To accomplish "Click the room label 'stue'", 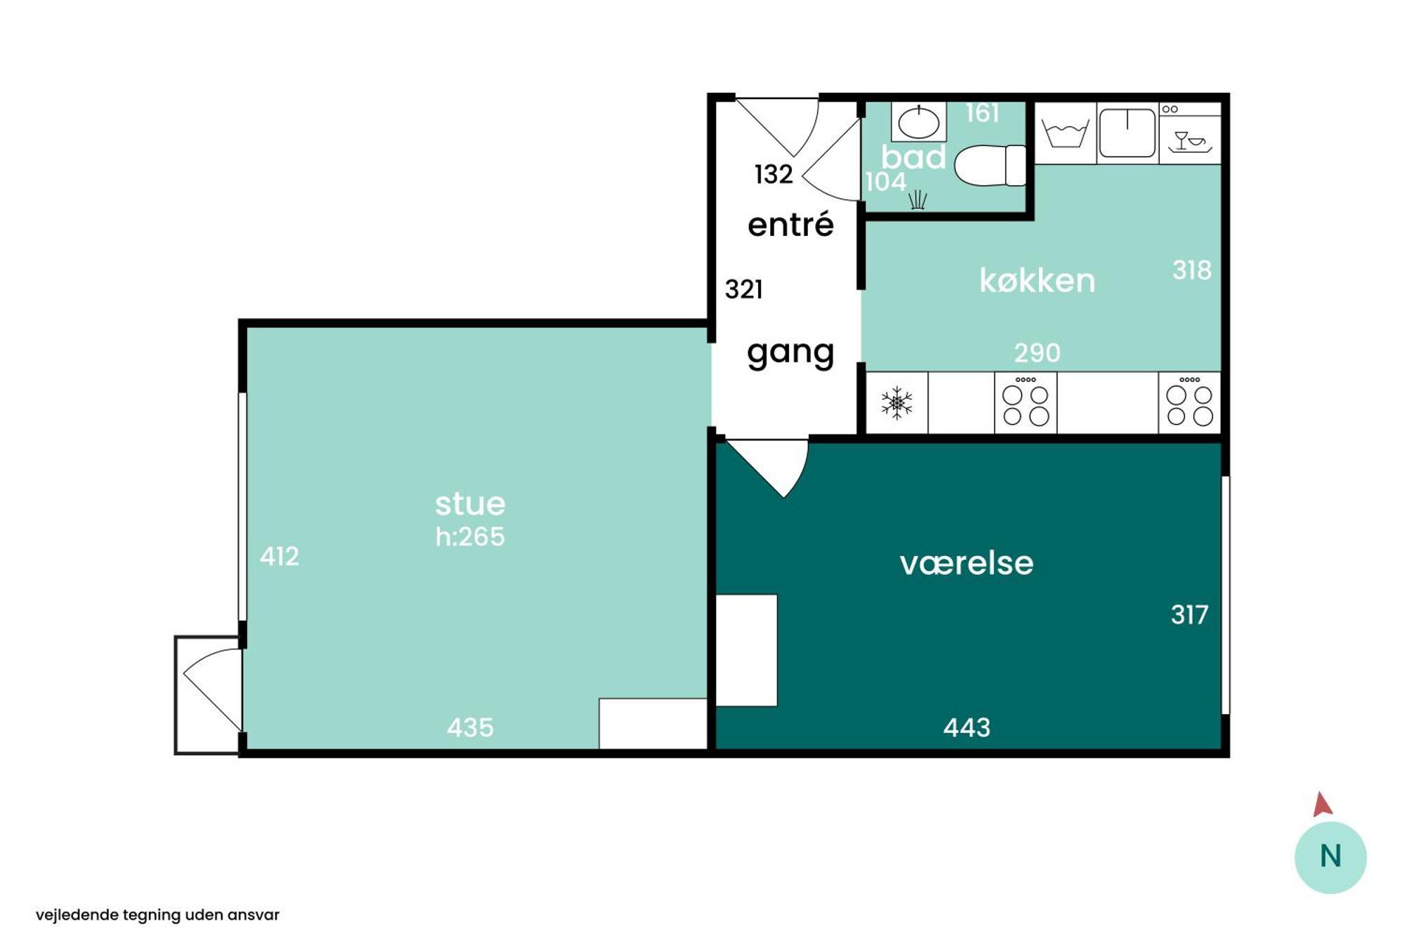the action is click(x=470, y=504).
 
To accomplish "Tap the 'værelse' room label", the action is click(x=967, y=563).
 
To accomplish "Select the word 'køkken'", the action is click(x=1037, y=281).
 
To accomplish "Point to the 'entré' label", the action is click(x=790, y=225).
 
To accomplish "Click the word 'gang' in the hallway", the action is click(x=790, y=352).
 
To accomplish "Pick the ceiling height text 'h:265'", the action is click(x=470, y=536).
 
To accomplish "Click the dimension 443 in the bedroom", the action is click(x=967, y=727).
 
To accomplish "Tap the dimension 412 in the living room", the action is click(x=279, y=556).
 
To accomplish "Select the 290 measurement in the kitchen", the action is click(x=1037, y=352).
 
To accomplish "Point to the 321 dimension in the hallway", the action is click(x=743, y=289).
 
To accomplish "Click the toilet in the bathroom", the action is click(x=990, y=166).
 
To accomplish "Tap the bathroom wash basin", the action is click(x=919, y=122).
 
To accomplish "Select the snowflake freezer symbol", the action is click(x=896, y=403).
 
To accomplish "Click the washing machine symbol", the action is click(x=1065, y=133).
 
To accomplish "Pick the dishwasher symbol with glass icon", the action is click(x=1190, y=134).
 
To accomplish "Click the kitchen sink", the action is click(x=1127, y=133).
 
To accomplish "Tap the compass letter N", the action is click(x=1330, y=857).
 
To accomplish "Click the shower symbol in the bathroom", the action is click(x=918, y=200).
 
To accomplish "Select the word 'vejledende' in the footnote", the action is click(x=77, y=915).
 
